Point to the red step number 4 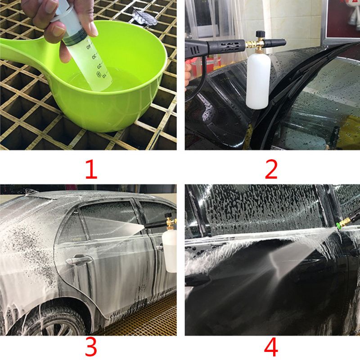tap(271, 347)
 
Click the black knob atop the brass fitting tap(260, 34)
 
